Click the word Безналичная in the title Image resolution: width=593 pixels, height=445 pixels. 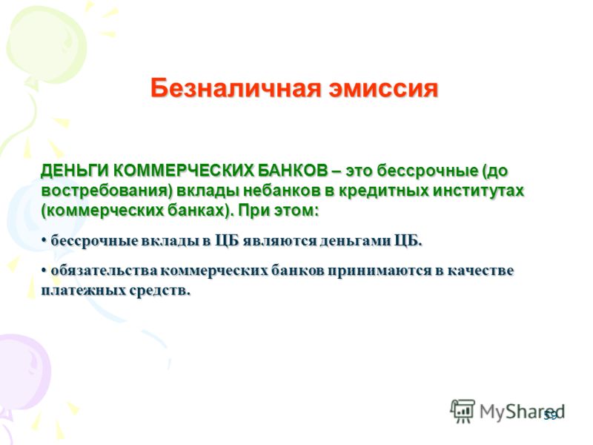(x=235, y=88)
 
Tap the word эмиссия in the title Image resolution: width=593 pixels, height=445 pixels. (x=383, y=88)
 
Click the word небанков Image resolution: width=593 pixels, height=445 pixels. (x=282, y=190)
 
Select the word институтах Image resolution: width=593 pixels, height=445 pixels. (x=478, y=190)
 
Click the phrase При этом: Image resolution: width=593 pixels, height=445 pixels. (x=279, y=210)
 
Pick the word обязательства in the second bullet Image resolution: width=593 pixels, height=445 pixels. (x=104, y=271)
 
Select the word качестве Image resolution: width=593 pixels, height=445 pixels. (x=480, y=271)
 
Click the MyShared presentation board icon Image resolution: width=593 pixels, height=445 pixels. (x=463, y=411)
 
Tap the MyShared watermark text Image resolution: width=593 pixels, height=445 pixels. (x=523, y=412)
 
